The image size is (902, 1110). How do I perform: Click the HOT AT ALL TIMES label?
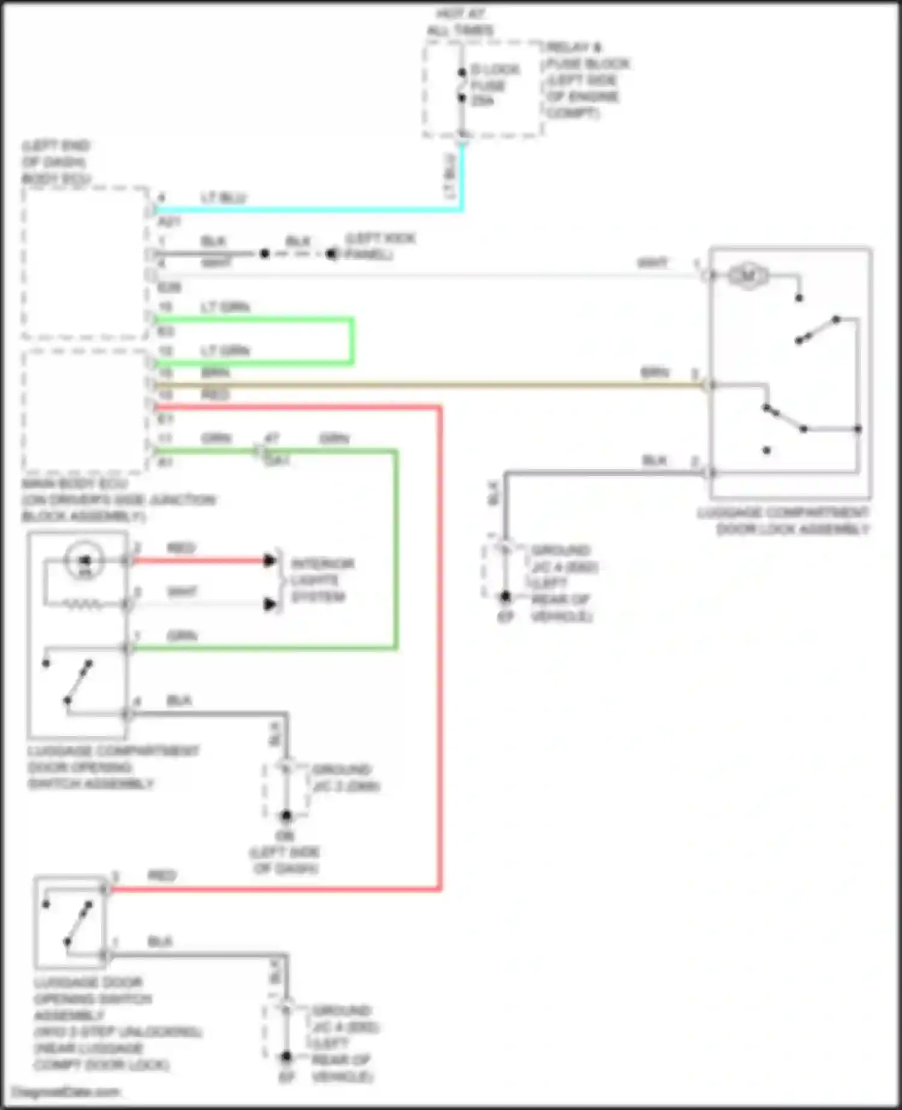(460, 22)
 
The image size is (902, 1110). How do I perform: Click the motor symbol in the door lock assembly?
(747, 276)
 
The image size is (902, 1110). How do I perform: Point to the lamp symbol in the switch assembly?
(85, 561)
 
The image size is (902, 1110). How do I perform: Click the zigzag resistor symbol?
(84, 604)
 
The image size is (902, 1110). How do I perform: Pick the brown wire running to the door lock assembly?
(421, 385)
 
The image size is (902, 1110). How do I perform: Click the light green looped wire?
(351, 340)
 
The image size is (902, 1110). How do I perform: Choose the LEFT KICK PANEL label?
(379, 247)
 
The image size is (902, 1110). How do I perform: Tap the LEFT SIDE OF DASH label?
(285, 860)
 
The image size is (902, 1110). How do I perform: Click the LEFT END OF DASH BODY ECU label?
(56, 162)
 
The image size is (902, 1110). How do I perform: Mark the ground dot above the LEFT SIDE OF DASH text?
(286, 816)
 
